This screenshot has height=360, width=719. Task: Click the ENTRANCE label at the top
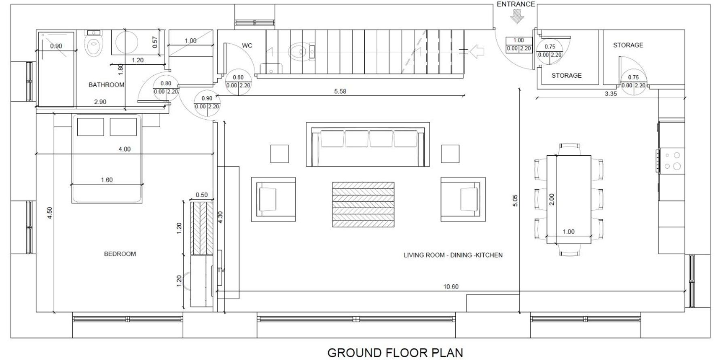coord(516,4)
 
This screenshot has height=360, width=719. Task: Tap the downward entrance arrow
coord(517,17)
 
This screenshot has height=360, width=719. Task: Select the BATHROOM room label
coord(106,85)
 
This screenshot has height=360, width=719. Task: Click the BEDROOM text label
coord(120,254)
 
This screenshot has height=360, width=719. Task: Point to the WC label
coord(247,46)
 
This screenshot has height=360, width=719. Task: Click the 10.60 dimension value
coord(451,287)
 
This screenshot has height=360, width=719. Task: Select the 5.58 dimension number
coord(340,91)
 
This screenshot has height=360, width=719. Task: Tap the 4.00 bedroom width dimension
coord(125,149)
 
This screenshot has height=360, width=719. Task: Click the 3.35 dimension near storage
coord(611,94)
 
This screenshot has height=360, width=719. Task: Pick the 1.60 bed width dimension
coord(107,180)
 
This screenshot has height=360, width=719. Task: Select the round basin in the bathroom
coord(127,42)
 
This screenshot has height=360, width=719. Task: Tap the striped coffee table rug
coord(363,205)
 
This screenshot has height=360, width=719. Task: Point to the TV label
coord(221,270)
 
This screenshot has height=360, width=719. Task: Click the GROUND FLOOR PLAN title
coord(395,353)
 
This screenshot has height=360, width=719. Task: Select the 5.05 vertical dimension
coord(515,201)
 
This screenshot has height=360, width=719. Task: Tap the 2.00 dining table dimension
coord(552,199)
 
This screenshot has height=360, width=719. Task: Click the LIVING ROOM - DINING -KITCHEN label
coord(453,255)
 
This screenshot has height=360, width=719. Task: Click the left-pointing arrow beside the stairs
coord(478,51)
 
